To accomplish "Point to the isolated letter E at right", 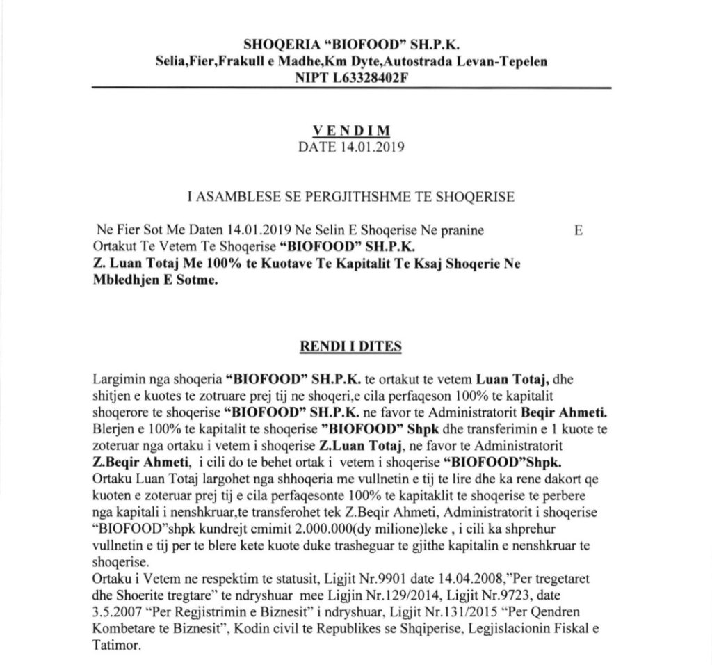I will (578, 230).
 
